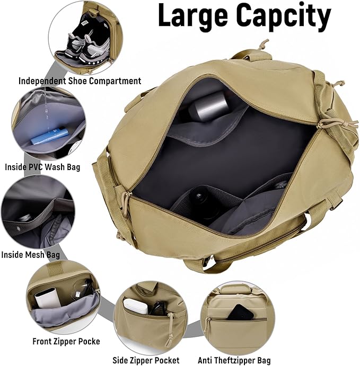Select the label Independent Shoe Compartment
pyautogui.click(x=80, y=81)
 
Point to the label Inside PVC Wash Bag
pyautogui.click(x=42, y=167)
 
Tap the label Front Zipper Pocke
pyautogui.click(x=66, y=341)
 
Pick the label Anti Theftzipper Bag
pyautogui.click(x=234, y=361)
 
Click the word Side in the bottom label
pyautogui.click(x=121, y=361)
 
